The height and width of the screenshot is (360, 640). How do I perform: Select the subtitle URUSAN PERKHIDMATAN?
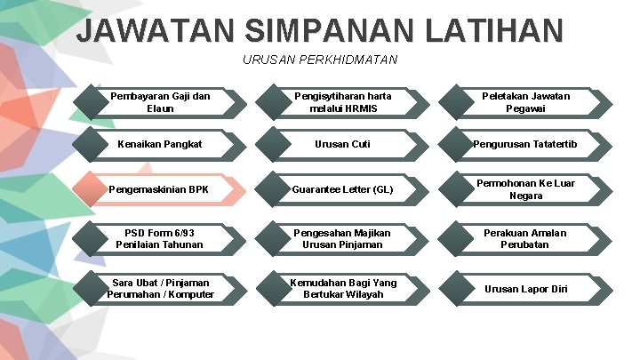[x=320, y=60]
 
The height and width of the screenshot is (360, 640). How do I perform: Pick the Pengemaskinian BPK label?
[x=158, y=189]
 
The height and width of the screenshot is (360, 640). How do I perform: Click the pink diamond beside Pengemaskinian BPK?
[x=92, y=189]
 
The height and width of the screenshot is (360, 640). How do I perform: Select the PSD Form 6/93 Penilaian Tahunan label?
[x=160, y=238]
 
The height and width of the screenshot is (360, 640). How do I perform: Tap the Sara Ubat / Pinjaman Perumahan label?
[x=160, y=289]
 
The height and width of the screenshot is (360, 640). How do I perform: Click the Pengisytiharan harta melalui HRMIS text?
[x=343, y=102]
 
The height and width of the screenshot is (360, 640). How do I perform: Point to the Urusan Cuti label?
[x=343, y=144]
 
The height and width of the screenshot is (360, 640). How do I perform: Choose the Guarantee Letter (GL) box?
[x=343, y=189]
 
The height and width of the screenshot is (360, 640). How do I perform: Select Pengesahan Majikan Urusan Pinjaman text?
[x=343, y=238]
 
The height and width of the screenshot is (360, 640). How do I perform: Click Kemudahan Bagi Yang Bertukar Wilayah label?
[x=343, y=289]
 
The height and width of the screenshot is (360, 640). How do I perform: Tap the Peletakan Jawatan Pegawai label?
[x=526, y=102]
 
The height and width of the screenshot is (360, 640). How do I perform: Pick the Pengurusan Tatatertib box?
[x=527, y=144]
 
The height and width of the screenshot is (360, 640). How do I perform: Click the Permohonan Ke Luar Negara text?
[x=526, y=189]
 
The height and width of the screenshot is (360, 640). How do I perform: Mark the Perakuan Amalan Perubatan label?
[x=526, y=238]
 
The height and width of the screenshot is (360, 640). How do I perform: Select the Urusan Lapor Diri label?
[x=526, y=289]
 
